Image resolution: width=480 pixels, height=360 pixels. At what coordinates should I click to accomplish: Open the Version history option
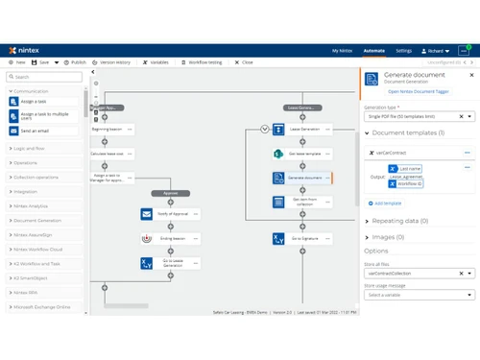click(113, 61)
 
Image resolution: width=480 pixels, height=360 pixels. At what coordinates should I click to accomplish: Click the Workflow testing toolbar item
click(204, 61)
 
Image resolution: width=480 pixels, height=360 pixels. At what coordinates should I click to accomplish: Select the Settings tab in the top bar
click(404, 49)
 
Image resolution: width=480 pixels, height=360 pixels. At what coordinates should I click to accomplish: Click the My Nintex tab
click(342, 49)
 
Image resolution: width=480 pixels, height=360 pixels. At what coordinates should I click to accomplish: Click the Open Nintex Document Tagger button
click(418, 91)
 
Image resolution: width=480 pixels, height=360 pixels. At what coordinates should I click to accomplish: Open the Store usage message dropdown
click(420, 295)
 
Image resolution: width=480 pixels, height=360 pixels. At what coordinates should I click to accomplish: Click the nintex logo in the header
click(26, 49)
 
